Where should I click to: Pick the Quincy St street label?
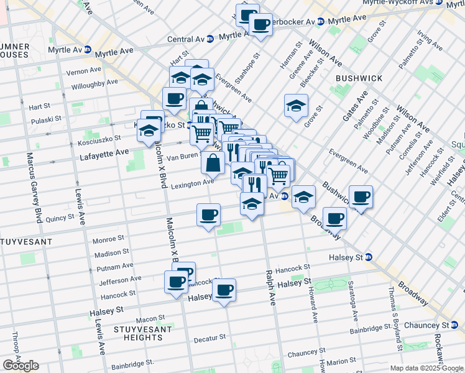[60, 218]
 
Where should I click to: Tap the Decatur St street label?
[209, 338]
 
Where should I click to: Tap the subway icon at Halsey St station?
[369, 257]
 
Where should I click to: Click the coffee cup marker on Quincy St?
[208, 215]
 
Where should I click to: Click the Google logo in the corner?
[21, 366]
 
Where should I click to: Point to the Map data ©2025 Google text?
[426, 368]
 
